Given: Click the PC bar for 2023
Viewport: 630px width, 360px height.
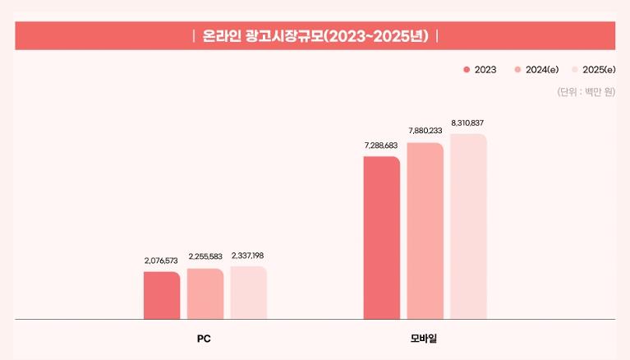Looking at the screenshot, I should [x=162, y=296].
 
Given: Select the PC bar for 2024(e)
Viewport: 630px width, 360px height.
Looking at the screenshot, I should [x=205, y=294].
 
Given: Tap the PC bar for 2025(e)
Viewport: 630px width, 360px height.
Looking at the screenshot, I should [x=248, y=293].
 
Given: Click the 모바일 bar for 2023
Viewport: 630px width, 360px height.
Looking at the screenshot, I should [x=381, y=238].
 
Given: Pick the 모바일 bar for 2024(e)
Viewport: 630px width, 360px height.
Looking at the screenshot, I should [x=425, y=231].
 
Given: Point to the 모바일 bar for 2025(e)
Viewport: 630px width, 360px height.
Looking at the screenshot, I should [x=468, y=227].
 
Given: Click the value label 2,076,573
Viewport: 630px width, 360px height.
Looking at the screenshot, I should [x=161, y=261].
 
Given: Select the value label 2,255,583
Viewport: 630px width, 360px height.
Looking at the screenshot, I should [x=205, y=257].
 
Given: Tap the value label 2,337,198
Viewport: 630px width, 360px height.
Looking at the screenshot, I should [x=248, y=256].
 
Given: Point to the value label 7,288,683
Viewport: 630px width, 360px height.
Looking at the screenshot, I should [x=381, y=145].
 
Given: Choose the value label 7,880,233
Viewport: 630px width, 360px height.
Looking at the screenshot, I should [x=425, y=130].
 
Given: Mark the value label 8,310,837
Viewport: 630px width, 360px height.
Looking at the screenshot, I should [x=468, y=122].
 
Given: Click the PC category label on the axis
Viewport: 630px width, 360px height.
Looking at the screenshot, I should [x=205, y=339].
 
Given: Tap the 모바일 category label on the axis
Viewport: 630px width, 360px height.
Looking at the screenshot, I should [x=425, y=339].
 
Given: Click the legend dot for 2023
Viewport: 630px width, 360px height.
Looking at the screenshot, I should [x=467, y=70].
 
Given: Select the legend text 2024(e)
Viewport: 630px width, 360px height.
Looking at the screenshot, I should [x=542, y=70].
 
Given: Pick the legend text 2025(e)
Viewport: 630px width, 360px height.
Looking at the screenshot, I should [x=599, y=70].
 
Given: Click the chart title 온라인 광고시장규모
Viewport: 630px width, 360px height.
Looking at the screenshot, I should [x=315, y=36].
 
